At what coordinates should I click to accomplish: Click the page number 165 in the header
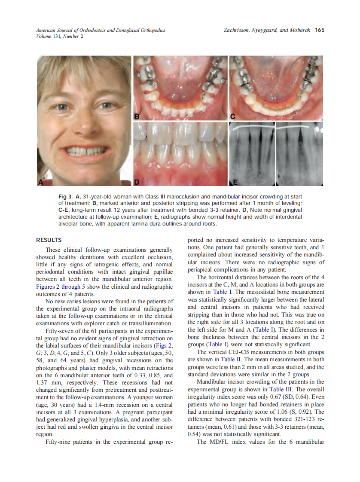pos(319,30)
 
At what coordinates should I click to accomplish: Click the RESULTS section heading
pos(49,240)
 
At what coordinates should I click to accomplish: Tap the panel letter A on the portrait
pos(41,182)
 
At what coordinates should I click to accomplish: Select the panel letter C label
pos(233,116)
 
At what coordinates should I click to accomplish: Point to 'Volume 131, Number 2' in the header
pos(60,36)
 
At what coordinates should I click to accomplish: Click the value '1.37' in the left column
pos(42,382)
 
